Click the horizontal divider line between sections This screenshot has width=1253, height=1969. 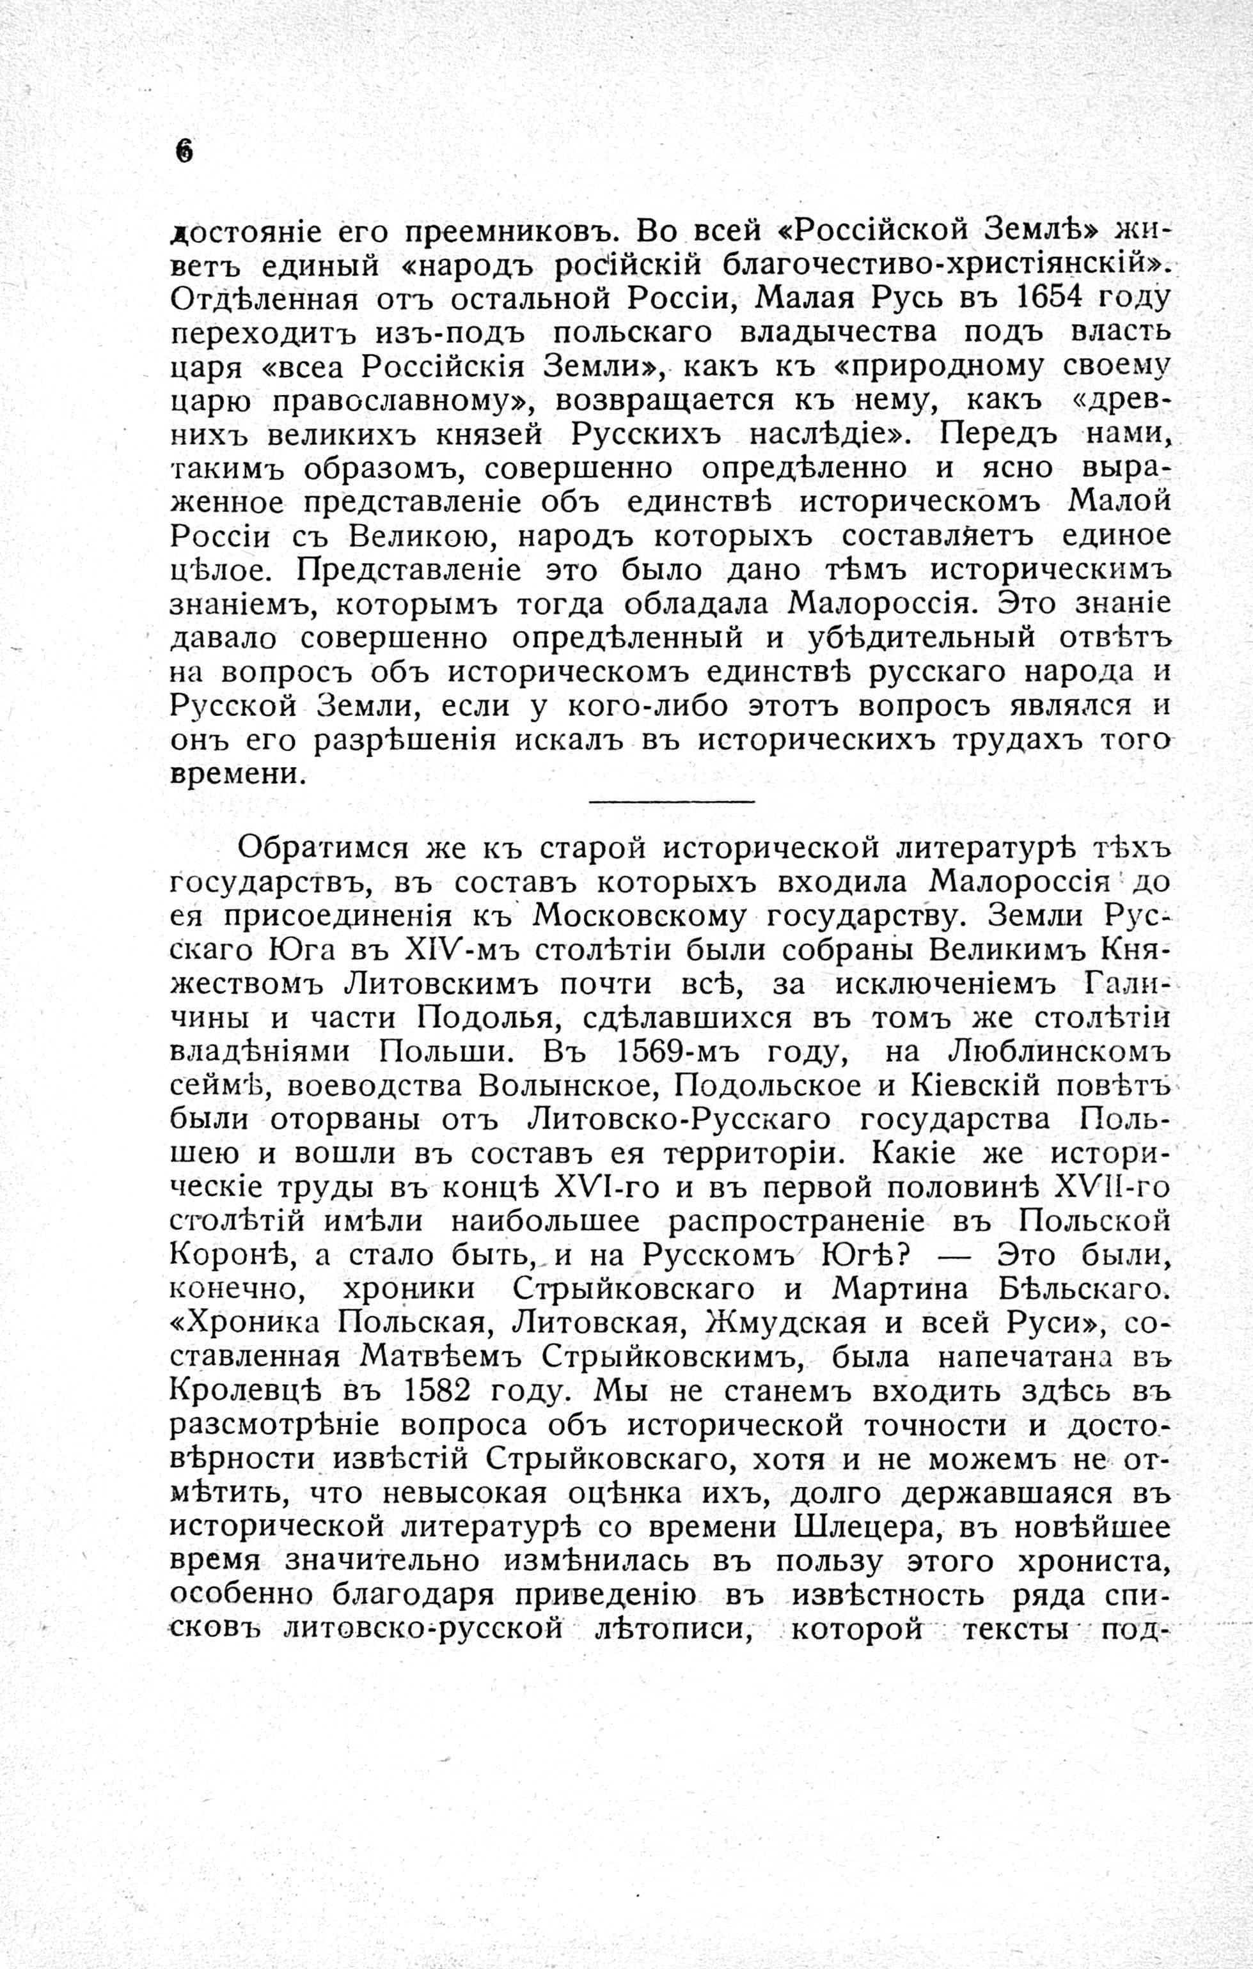pos(671,800)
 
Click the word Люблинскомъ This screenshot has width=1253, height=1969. pos(1056,1052)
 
